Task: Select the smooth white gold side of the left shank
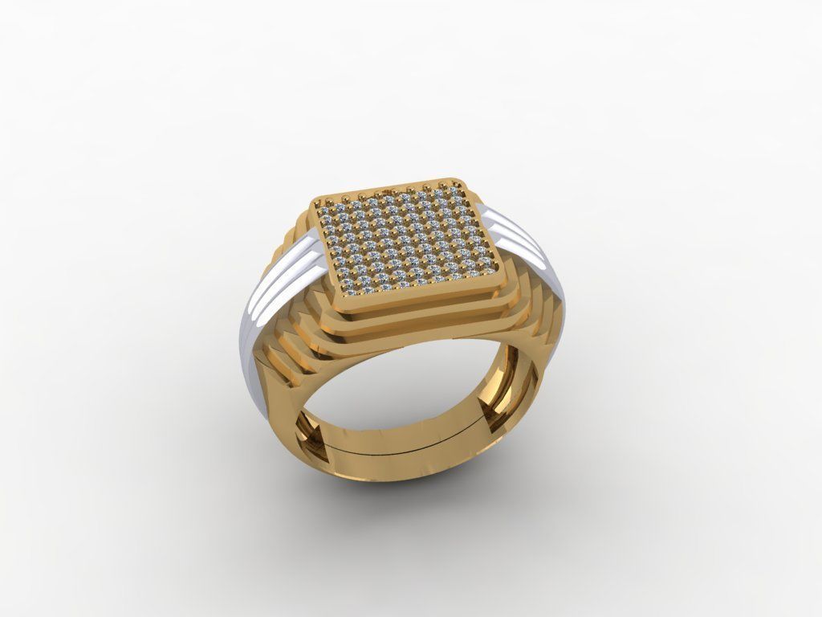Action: coord(249,353)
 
